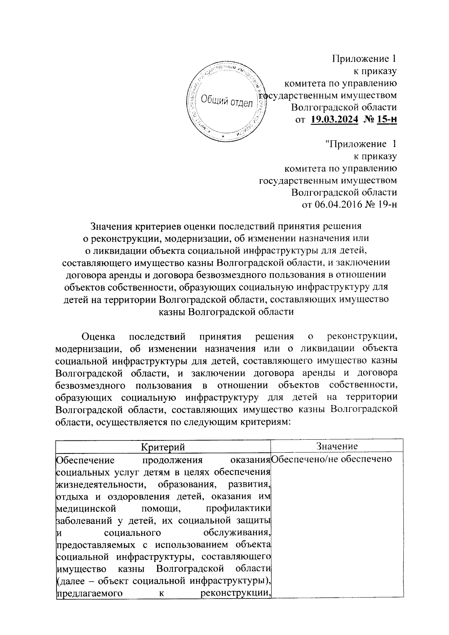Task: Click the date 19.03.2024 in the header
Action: click(x=334, y=120)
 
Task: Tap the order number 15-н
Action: click(x=387, y=120)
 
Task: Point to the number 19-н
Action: click(x=387, y=204)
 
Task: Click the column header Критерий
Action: click(x=163, y=446)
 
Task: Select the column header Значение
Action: click(x=337, y=446)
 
